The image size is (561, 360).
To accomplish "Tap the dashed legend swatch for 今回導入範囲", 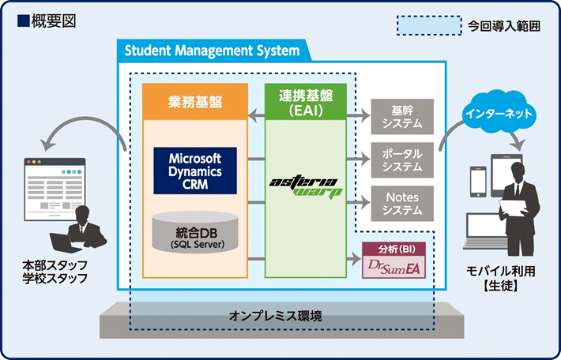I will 426,25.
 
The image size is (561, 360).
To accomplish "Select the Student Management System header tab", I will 212,51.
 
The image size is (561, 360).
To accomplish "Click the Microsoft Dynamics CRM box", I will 194,169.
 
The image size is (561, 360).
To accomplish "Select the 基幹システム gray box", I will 401,116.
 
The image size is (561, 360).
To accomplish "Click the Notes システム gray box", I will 401,203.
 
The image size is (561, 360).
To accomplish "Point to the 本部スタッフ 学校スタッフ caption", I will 55,272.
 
